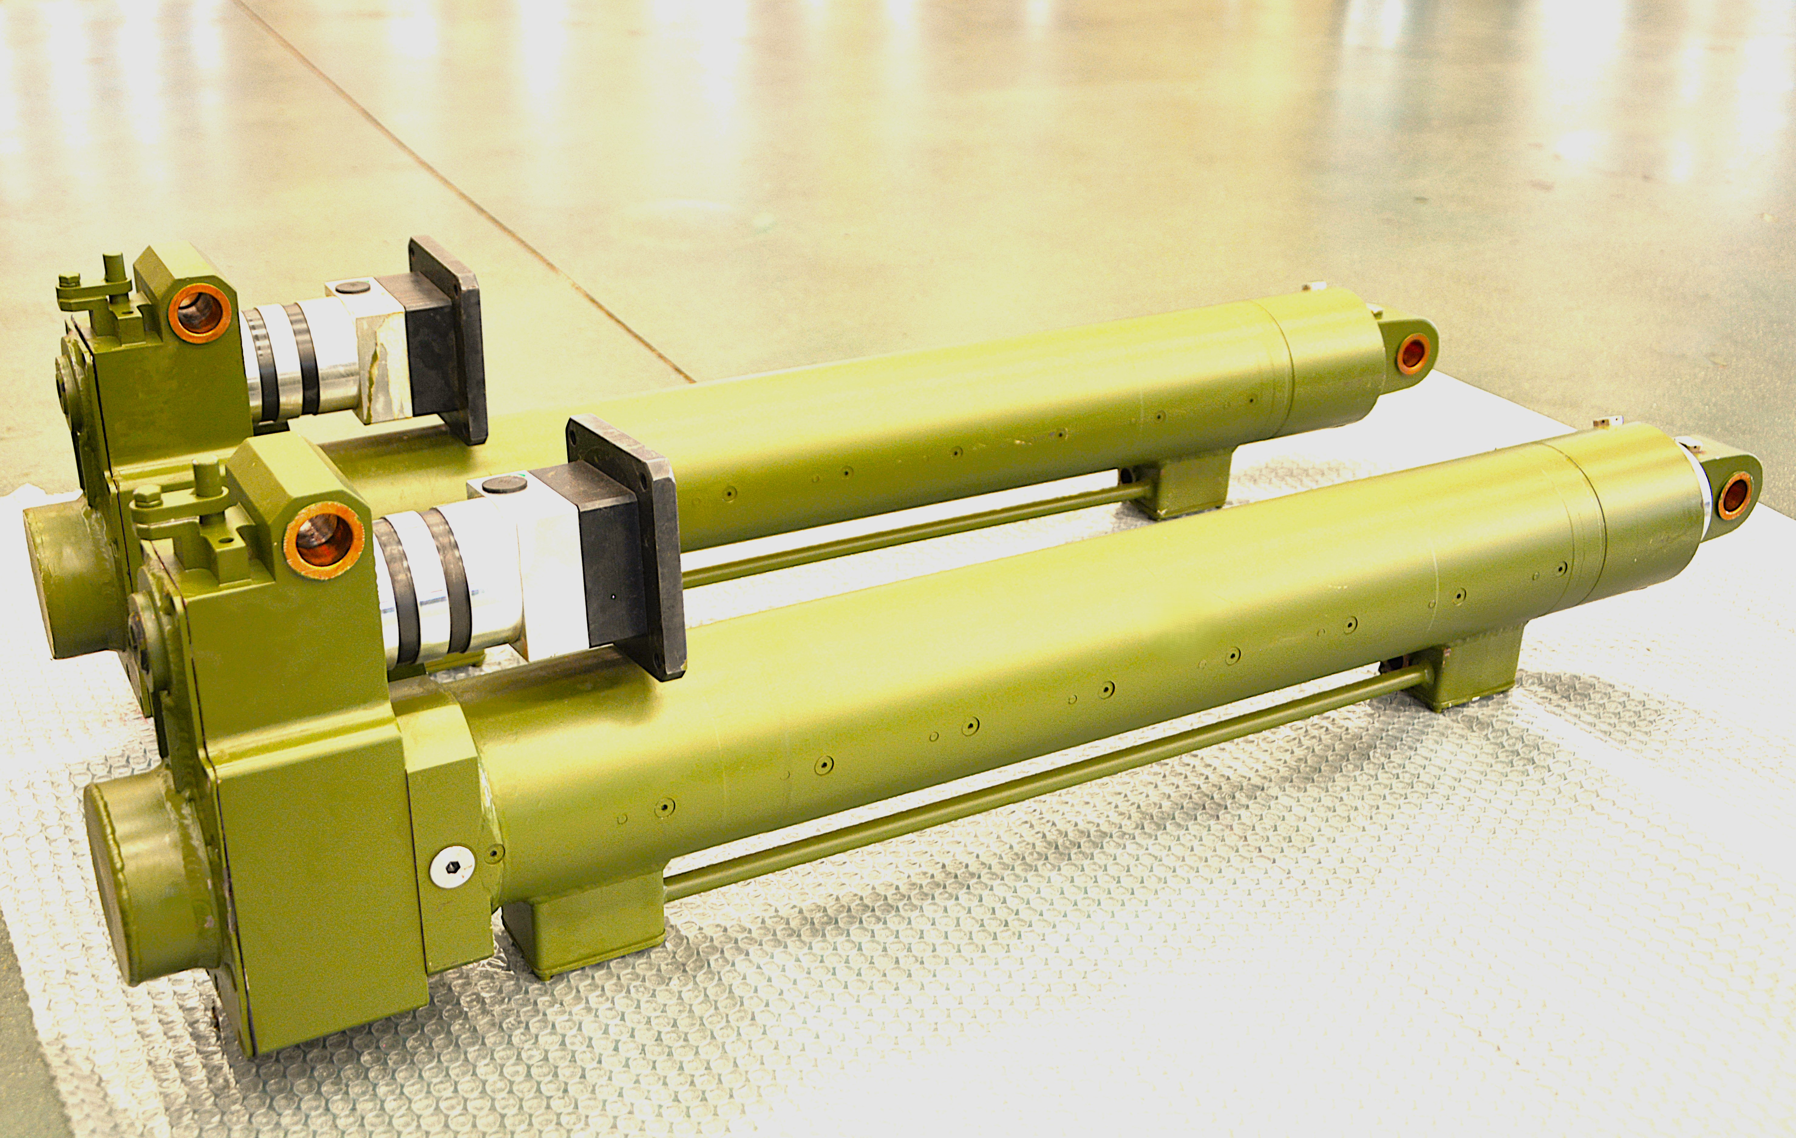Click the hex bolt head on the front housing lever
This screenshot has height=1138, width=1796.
click(147, 494)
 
